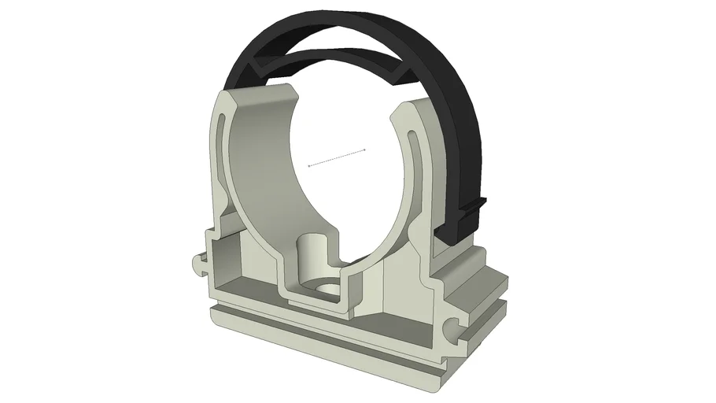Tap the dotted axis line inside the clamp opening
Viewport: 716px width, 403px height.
[337, 157]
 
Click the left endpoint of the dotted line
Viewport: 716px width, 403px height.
[308, 165]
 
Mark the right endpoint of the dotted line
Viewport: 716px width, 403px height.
[366, 148]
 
